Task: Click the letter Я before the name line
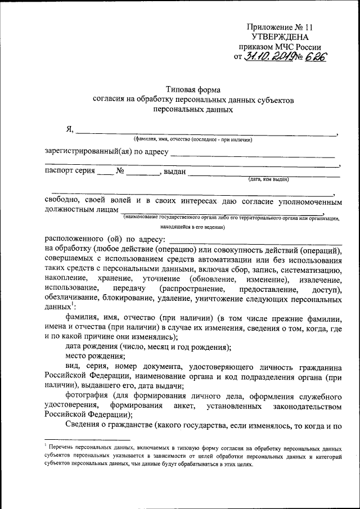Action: (69, 130)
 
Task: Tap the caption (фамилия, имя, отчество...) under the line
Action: (192, 139)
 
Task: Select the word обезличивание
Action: (74, 298)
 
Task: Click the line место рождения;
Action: (95, 356)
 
